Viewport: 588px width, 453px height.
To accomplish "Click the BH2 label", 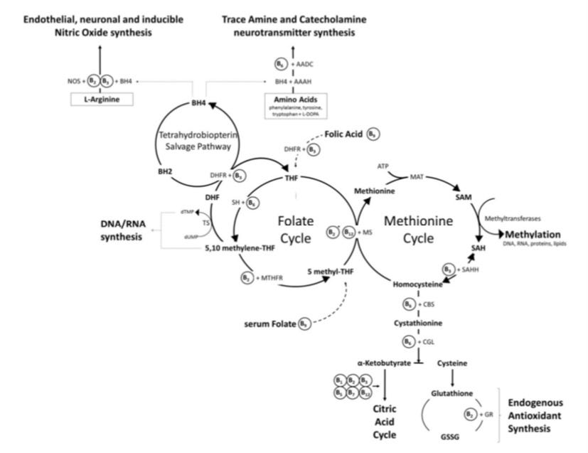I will (x=166, y=171).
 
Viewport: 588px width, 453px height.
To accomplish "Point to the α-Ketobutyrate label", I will (x=384, y=363).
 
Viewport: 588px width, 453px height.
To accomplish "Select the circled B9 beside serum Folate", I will (x=305, y=324).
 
